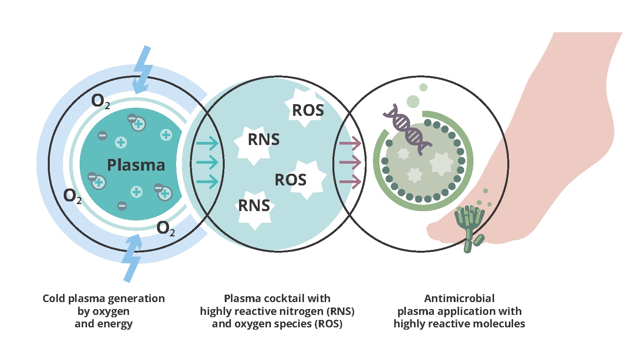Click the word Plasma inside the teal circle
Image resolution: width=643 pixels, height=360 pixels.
(136, 165)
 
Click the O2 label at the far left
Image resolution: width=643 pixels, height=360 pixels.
(72, 196)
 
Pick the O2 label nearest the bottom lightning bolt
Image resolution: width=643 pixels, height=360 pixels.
(166, 228)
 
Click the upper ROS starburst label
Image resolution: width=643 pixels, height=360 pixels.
(308, 110)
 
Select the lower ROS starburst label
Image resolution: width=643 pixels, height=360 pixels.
(290, 180)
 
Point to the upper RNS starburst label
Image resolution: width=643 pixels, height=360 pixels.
(264, 140)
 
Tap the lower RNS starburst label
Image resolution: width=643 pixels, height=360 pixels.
(254, 206)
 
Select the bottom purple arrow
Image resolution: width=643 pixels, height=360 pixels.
(350, 182)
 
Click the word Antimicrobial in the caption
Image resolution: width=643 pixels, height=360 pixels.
(459, 299)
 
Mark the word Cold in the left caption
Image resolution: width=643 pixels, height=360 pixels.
(54, 299)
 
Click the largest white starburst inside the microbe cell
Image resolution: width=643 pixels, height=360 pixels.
(441, 163)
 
